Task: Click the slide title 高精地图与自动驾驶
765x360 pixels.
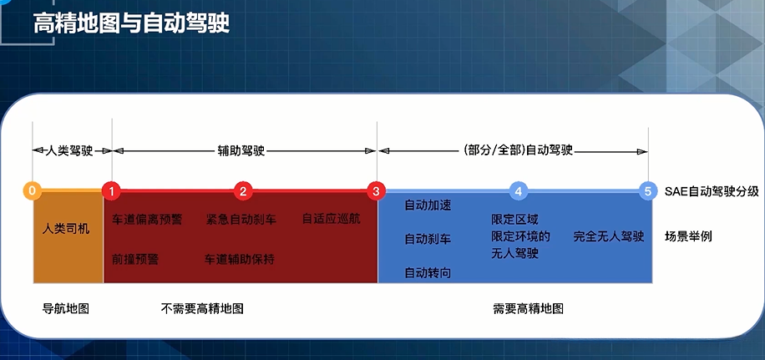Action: (x=131, y=23)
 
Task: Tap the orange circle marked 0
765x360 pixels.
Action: (x=32, y=190)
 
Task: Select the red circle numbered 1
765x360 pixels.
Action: (x=112, y=190)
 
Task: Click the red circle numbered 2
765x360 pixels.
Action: (x=243, y=190)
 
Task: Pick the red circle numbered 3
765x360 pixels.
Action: (x=377, y=190)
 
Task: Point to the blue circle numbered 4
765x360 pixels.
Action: (x=519, y=190)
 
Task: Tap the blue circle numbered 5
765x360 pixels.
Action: (x=647, y=190)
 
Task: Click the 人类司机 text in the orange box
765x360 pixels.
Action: (x=66, y=228)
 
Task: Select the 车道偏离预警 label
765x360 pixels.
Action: (x=147, y=219)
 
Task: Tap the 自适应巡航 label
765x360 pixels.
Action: (x=331, y=219)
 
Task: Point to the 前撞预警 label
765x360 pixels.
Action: (x=135, y=259)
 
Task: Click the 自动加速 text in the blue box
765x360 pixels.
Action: (x=428, y=205)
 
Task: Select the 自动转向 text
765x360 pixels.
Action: (x=428, y=273)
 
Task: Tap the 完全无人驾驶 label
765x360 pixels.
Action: (x=609, y=236)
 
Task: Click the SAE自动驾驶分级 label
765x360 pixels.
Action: (x=712, y=191)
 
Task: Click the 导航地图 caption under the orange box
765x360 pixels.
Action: (x=66, y=308)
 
